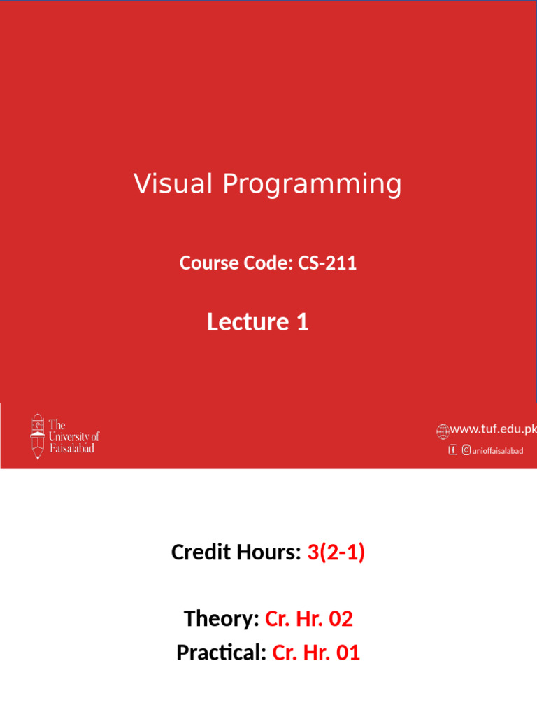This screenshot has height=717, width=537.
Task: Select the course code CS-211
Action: click(327, 263)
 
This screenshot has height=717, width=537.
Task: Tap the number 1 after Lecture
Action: click(302, 322)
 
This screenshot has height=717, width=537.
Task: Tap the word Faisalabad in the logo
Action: click(72, 448)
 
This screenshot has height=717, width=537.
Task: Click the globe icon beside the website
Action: click(442, 430)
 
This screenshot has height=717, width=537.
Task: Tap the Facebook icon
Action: click(452, 450)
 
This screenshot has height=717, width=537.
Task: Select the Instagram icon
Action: click(466, 450)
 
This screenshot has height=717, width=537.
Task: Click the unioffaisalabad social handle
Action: click(497, 451)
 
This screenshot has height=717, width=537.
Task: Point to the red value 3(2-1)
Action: click(336, 552)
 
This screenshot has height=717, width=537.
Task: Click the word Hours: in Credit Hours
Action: click(269, 552)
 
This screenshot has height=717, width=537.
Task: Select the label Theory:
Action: click(222, 618)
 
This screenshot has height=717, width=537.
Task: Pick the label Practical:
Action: click(221, 653)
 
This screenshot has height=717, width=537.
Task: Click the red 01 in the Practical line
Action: click(348, 653)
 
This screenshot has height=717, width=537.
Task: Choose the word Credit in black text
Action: click(201, 552)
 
